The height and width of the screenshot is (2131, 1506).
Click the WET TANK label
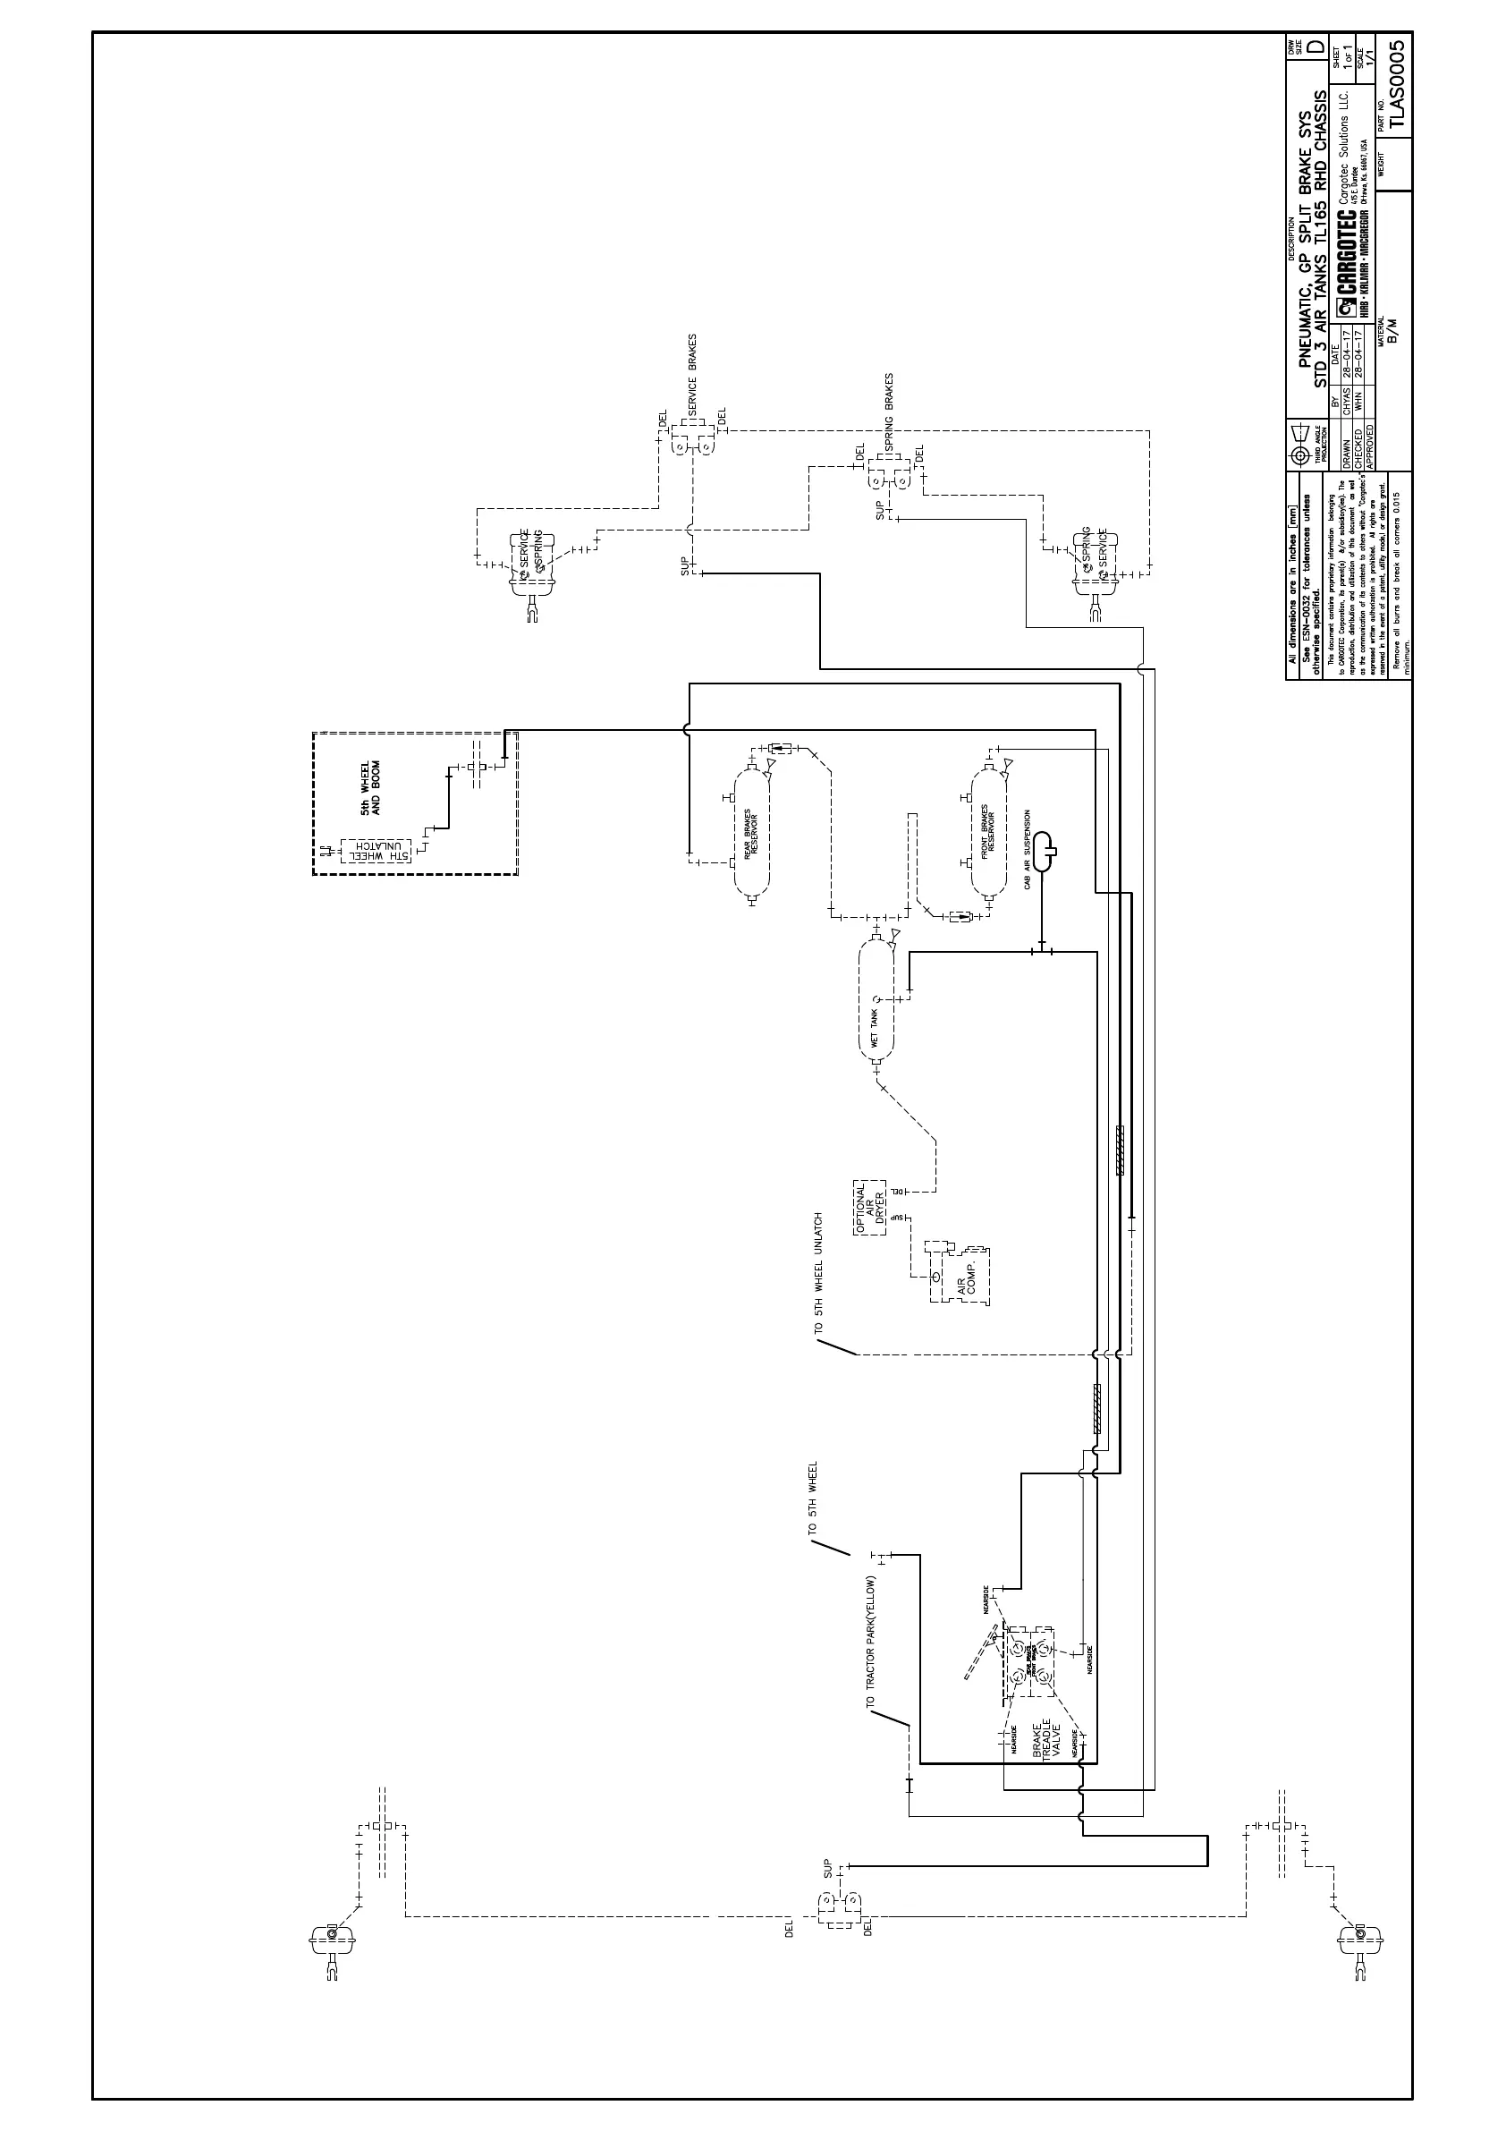(x=874, y=1026)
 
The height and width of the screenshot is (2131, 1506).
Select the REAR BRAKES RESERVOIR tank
(x=752, y=826)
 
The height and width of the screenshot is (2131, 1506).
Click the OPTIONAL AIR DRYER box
(x=870, y=1208)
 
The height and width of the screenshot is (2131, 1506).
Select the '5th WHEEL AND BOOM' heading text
(x=370, y=789)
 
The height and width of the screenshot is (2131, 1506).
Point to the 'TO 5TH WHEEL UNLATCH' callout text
(x=818, y=1272)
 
